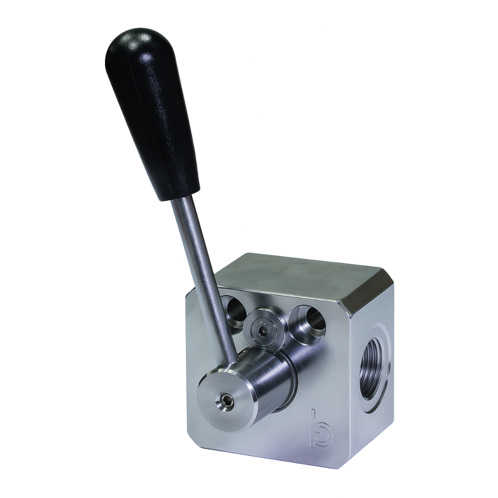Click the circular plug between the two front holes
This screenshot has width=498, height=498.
click(x=264, y=329)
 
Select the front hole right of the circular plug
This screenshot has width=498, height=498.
click(x=308, y=321)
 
